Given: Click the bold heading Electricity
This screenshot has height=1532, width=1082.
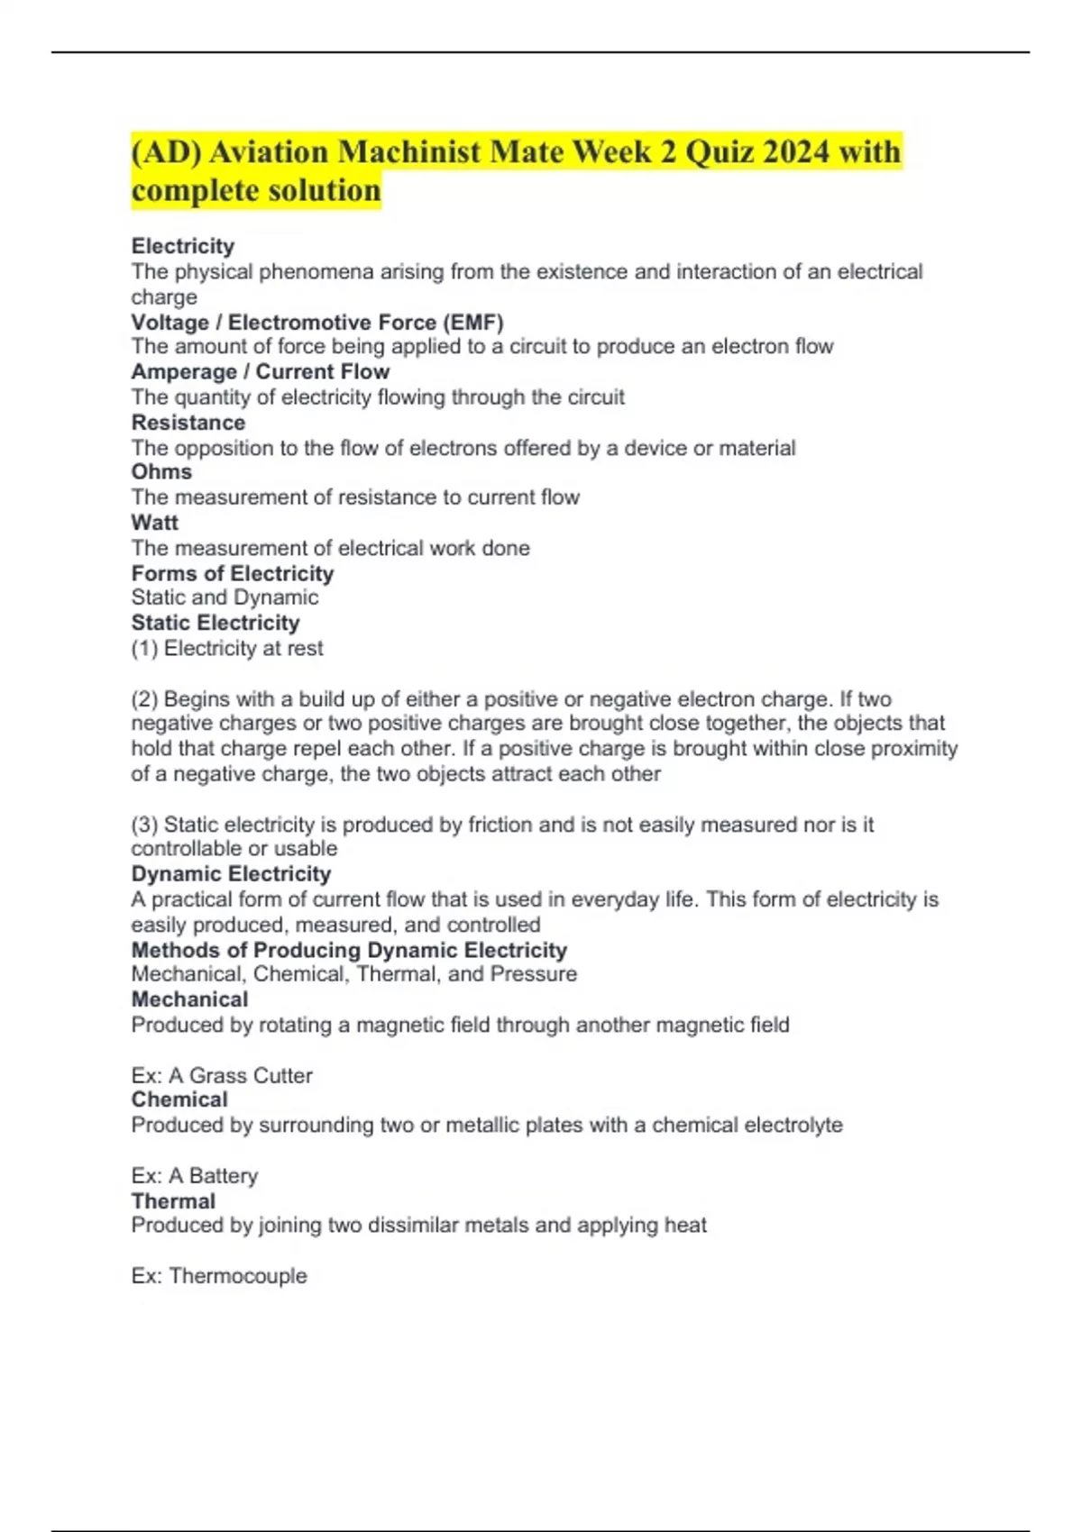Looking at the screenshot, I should pos(183,246).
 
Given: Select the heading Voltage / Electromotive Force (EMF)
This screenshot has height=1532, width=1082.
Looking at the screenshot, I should pos(317,322).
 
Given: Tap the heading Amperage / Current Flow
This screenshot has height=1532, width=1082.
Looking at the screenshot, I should pos(261,371).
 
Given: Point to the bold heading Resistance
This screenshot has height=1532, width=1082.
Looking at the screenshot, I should pos(188,422).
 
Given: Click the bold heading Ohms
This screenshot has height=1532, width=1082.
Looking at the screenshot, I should pos(161,471).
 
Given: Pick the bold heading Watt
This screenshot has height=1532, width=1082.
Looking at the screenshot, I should pos(155,523).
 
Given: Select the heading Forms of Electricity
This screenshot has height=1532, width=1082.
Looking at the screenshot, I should pos(233,573).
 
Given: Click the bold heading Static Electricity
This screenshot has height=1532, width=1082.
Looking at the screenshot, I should pos(215,623).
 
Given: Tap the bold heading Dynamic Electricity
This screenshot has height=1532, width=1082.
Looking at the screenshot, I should pos(231,873).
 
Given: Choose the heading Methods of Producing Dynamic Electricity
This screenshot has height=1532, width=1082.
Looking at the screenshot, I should pos(349,950).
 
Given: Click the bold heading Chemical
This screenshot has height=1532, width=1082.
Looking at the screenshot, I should pos(179,1099).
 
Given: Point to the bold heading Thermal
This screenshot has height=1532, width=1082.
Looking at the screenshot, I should pos(173,1200).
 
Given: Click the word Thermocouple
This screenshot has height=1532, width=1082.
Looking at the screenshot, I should pos(238,1275).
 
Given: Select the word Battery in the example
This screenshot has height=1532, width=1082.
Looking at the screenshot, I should pos(224,1175).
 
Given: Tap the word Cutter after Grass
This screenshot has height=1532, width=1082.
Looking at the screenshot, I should pos(282,1075).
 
